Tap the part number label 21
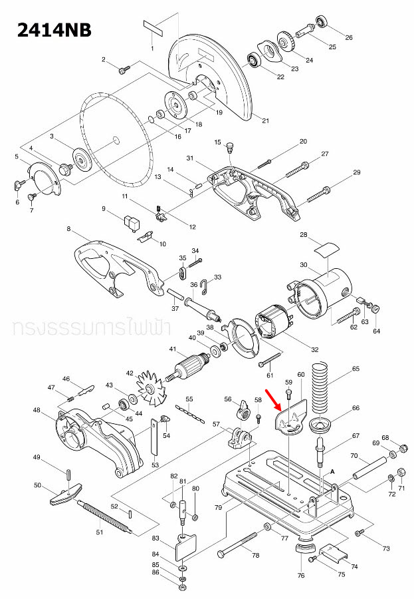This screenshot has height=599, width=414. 265,121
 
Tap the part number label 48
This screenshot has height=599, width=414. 37,410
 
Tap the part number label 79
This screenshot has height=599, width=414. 218,508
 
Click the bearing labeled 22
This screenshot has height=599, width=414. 254,62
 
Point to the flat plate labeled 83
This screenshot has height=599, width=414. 184,546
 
